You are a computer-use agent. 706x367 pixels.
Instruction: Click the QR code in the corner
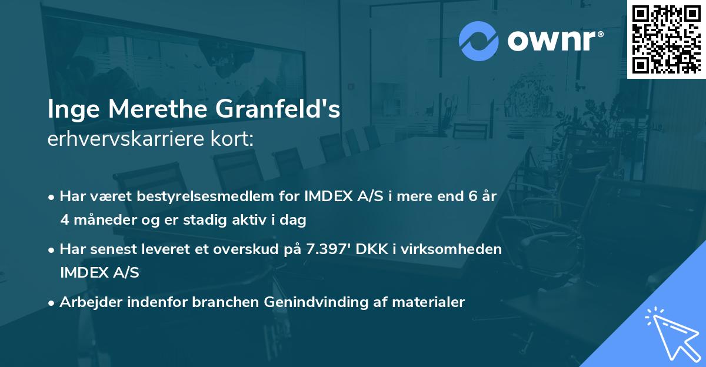point(666,39)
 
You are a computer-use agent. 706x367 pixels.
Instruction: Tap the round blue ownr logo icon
point(479,41)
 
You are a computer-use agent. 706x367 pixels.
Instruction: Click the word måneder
point(101,221)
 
